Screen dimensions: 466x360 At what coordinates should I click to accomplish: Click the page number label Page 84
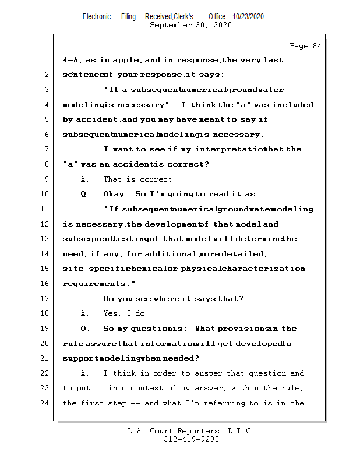(x=305, y=46)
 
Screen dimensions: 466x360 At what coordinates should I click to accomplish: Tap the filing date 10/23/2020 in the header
(x=248, y=17)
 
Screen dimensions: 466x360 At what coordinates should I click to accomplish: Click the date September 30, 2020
(x=190, y=25)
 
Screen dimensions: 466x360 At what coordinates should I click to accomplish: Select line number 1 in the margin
(x=46, y=60)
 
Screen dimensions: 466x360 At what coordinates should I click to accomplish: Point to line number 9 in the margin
(x=46, y=179)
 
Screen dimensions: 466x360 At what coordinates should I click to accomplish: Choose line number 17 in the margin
(x=44, y=299)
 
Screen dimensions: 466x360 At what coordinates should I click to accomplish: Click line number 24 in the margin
(x=44, y=403)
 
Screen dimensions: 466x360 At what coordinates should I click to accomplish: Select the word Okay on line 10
(x=115, y=194)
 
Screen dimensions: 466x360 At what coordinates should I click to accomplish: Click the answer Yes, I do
(x=126, y=313)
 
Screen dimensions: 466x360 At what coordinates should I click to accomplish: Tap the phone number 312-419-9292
(x=191, y=439)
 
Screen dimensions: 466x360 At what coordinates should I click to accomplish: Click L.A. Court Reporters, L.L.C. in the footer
(x=191, y=431)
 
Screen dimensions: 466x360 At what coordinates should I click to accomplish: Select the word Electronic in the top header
(x=97, y=17)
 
